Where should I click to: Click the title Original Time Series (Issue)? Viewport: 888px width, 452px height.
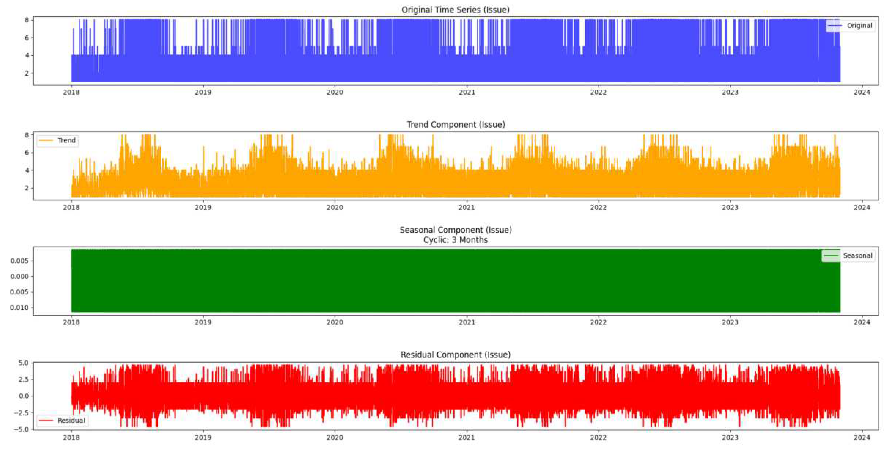455,10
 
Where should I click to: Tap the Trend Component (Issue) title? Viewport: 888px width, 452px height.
455,124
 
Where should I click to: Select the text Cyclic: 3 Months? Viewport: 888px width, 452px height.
455,240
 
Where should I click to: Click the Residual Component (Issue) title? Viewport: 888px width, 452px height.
455,355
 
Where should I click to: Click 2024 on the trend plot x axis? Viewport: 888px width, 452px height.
862,207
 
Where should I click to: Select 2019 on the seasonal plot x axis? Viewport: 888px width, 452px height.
203,322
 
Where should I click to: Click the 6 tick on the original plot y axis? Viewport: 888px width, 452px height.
27,38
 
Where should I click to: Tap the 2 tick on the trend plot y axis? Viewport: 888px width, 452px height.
27,188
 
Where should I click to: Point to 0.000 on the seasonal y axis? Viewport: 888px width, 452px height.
19,276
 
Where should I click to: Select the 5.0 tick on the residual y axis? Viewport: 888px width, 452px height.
23,363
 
